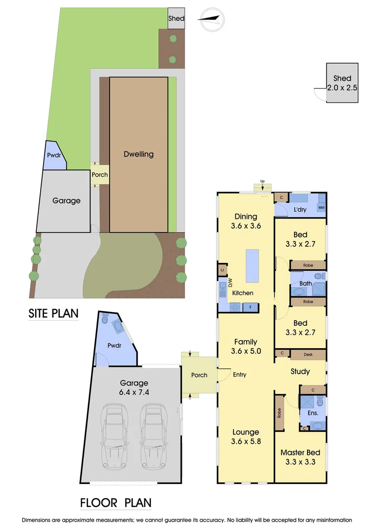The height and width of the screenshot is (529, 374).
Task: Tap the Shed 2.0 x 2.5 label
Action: (342, 83)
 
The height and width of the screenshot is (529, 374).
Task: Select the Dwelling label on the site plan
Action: (138, 154)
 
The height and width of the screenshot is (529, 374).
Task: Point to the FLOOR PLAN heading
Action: (116, 503)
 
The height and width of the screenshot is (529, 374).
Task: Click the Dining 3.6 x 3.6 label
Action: (246, 221)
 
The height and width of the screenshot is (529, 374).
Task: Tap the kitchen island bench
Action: (252, 265)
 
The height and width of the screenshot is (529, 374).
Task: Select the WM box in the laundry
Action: (322, 207)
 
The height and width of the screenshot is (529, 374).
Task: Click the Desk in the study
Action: (308, 354)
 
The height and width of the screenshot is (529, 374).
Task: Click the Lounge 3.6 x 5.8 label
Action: (246, 436)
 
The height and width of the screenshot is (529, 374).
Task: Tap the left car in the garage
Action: (116, 434)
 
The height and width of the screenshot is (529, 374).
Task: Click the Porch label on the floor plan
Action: (199, 375)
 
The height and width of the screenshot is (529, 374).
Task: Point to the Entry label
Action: (240, 375)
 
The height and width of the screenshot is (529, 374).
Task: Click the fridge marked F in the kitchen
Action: (251, 308)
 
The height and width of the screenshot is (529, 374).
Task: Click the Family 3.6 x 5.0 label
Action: (246, 346)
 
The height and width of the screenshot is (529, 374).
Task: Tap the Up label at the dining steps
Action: (262, 182)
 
